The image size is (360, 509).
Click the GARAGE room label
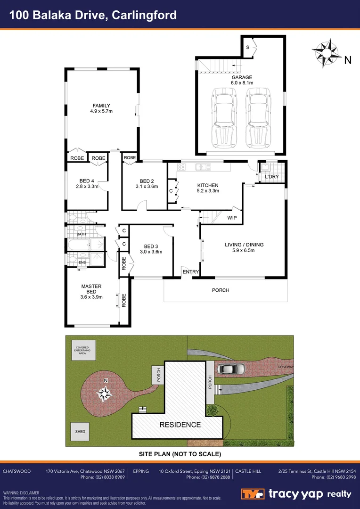242,77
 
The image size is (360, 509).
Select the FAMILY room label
101,106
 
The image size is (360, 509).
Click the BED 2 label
147,181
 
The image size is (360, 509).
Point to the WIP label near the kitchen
232,218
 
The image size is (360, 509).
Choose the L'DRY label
272,176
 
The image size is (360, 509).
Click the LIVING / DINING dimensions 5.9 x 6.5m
244,250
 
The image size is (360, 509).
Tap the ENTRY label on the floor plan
191,272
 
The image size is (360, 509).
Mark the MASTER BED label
91,286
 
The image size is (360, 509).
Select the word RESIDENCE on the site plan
180,425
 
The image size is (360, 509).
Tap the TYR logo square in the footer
253,494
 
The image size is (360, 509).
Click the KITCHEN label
208,185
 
